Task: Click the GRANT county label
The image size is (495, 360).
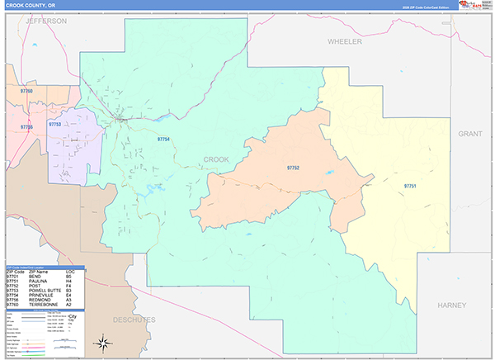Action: point(469,133)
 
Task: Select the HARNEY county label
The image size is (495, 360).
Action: point(452,306)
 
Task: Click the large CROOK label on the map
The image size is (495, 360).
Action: point(217,159)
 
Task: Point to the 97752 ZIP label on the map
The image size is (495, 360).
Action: point(293,168)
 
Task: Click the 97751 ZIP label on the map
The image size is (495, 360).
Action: point(410,187)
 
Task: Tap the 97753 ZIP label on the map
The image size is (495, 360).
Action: point(55,124)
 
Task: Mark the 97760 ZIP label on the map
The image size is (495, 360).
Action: point(27,90)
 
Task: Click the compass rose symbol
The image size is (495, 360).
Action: point(105,342)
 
